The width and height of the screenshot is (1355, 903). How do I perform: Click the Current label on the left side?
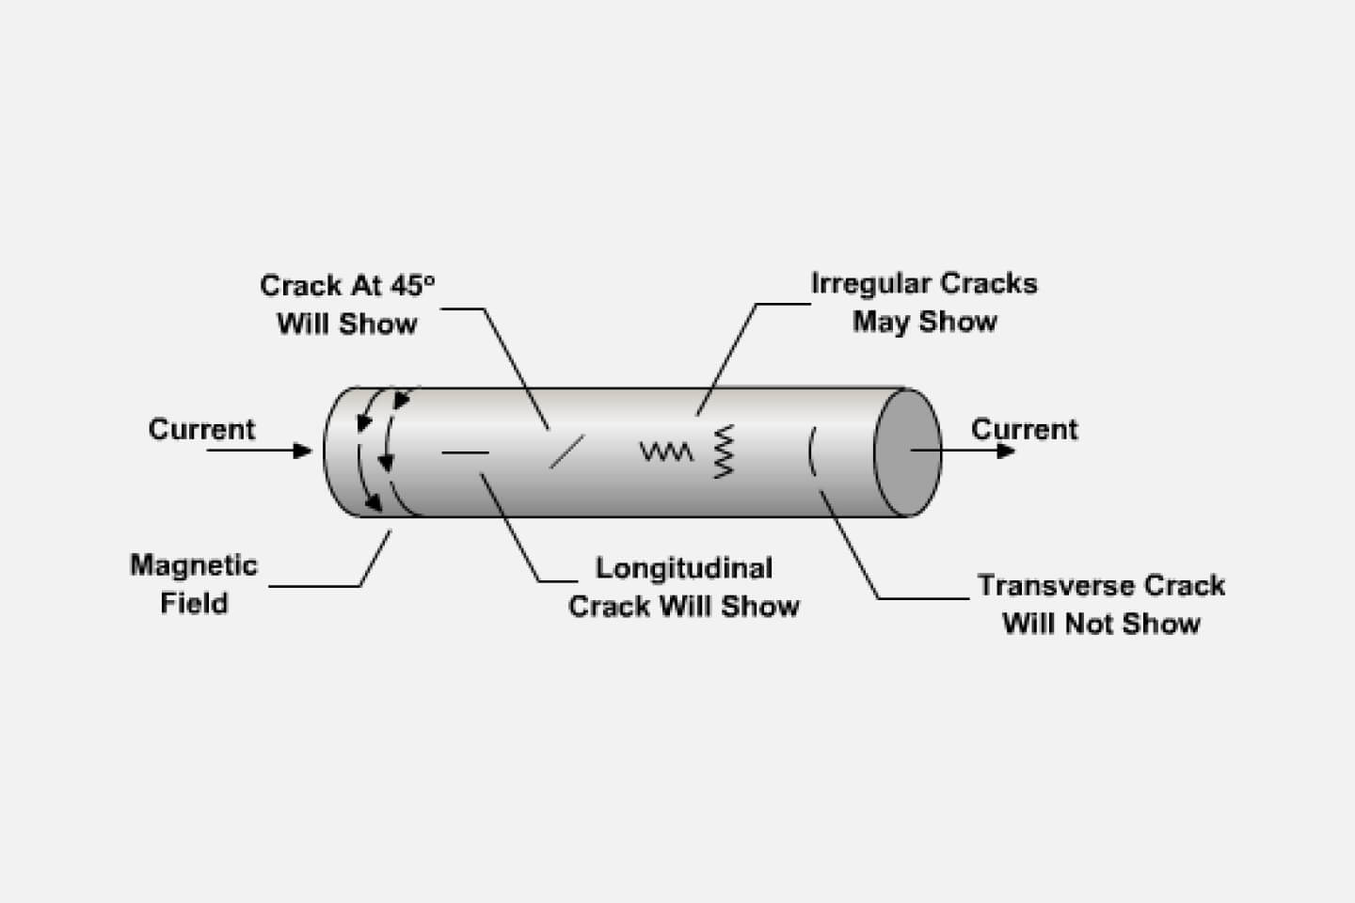click(x=201, y=429)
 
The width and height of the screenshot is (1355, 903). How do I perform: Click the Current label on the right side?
click(x=1024, y=429)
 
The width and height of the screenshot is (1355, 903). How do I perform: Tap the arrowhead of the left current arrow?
click(x=303, y=451)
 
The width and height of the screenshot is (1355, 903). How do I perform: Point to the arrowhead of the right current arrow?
click(x=1007, y=451)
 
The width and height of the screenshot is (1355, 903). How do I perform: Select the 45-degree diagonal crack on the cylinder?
click(x=566, y=451)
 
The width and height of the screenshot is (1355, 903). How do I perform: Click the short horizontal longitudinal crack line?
click(x=465, y=452)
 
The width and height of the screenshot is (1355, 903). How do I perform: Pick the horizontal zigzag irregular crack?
click(x=666, y=452)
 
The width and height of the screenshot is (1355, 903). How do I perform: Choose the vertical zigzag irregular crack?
click(x=724, y=451)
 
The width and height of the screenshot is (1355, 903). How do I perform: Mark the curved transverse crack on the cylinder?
click(x=812, y=451)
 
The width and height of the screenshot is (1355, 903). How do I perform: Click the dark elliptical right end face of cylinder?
click(x=906, y=453)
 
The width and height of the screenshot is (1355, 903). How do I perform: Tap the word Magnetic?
click(x=194, y=565)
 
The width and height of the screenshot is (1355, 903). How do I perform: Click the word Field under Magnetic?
click(x=194, y=603)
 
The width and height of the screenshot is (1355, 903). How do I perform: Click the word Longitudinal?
click(x=684, y=568)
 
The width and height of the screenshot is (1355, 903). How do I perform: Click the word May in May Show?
click(x=881, y=322)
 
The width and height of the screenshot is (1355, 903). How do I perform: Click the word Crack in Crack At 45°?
click(x=300, y=284)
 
